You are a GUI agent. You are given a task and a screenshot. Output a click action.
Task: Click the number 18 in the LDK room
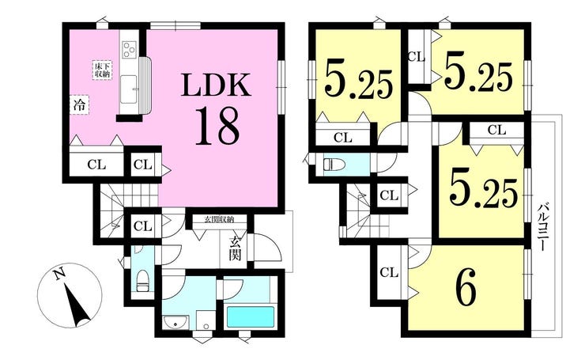click(217, 126)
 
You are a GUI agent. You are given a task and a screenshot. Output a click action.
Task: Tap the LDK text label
click(217, 85)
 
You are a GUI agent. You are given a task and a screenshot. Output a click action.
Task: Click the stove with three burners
click(129, 50)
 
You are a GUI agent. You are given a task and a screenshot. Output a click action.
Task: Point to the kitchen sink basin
click(129, 89)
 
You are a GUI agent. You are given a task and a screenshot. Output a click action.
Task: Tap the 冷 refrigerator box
click(79, 105)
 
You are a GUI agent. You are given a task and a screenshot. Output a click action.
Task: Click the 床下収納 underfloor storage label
click(102, 70)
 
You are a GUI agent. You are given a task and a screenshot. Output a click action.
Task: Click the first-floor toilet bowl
click(142, 280)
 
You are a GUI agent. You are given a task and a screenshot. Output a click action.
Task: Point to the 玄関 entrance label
click(235, 248)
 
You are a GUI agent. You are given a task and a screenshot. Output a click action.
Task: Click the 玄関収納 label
click(220, 220)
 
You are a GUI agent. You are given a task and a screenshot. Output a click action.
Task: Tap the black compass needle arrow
click(78, 305)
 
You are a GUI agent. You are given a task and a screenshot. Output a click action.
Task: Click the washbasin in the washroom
click(175, 323)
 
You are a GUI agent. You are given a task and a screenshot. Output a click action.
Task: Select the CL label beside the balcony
click(496, 130)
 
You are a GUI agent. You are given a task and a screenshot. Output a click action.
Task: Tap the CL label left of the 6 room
click(389, 273)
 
